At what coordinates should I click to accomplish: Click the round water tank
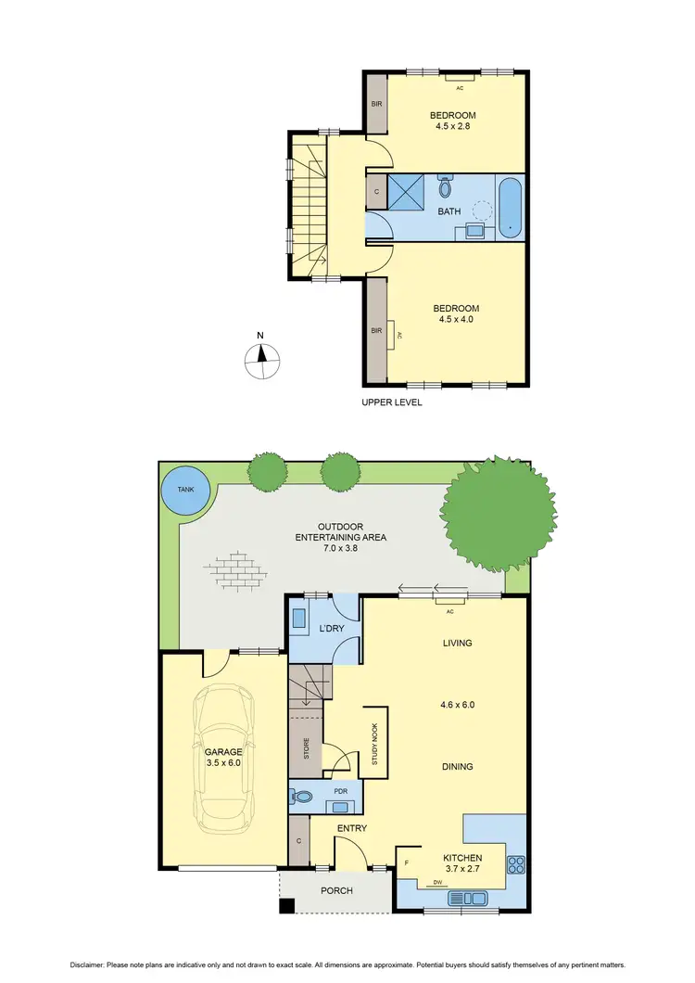[x=184, y=491]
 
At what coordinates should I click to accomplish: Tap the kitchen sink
[x=469, y=898]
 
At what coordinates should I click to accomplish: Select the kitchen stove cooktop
[x=516, y=865]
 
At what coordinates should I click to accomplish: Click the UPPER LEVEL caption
[x=391, y=403]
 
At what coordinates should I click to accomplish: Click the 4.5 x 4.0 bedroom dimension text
[x=454, y=319]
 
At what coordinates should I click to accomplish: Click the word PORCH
[x=336, y=891]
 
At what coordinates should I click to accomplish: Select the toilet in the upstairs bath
[x=445, y=187]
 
